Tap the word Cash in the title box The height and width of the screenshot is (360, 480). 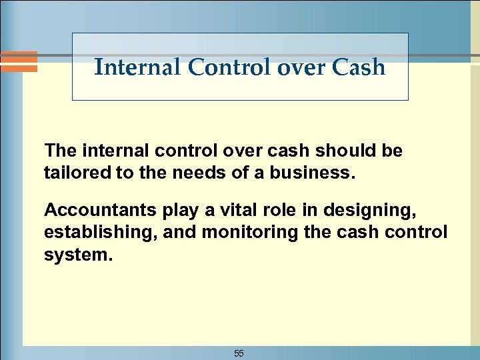pyautogui.click(x=361, y=67)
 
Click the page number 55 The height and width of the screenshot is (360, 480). pyautogui.click(x=239, y=353)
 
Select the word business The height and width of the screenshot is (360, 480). pyautogui.click(x=321, y=174)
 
